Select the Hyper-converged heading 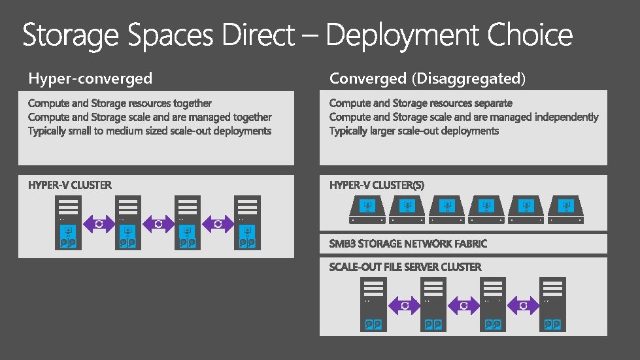90,79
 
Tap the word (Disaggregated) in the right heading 468,79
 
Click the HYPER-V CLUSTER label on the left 70,186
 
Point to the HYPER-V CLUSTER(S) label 377,186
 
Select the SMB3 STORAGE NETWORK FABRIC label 408,244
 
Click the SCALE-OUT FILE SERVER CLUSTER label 405,267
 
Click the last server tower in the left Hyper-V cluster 248,222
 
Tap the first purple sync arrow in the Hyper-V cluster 98,223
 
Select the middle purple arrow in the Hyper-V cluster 158,223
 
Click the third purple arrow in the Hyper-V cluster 218,223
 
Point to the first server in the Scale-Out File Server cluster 374,304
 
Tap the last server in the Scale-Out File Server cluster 553,304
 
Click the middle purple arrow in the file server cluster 463,305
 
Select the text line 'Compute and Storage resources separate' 420,103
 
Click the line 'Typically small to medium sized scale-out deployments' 150,131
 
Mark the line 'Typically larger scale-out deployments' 414,131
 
